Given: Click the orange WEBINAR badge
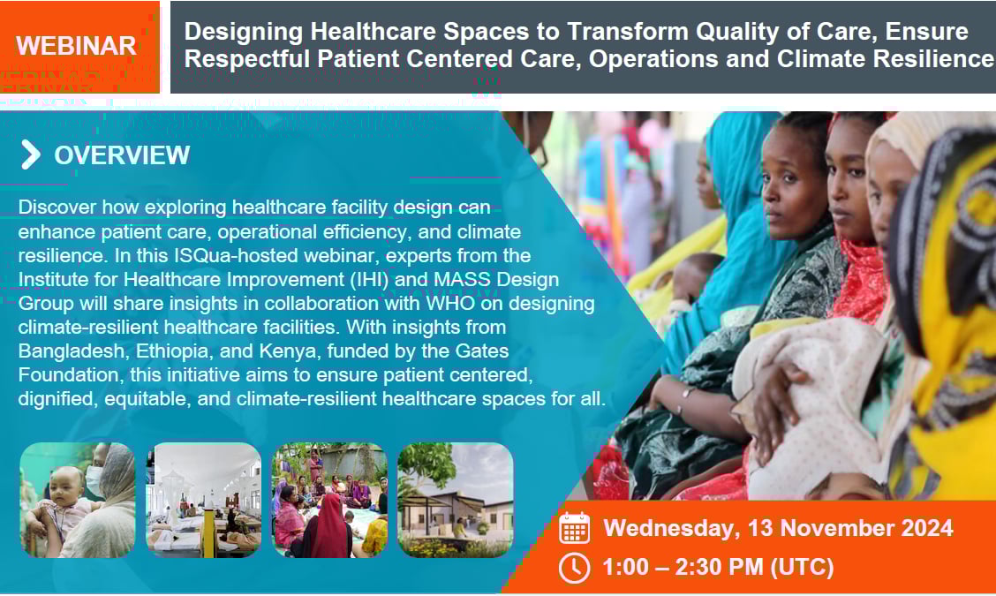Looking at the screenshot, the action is (x=79, y=47).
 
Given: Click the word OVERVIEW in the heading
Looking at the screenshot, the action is (x=122, y=155).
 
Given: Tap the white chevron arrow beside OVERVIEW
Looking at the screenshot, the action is (x=30, y=155).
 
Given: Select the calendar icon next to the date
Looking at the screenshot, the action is (x=574, y=528).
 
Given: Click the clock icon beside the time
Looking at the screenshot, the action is (x=574, y=568).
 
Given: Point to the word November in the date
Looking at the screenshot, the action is (x=833, y=528).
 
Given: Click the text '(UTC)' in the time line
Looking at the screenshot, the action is (x=802, y=567).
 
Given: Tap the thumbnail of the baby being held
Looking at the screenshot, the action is (x=78, y=500).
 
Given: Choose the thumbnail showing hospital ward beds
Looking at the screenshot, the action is (x=203, y=500).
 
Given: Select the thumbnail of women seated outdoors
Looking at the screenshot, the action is (x=329, y=500).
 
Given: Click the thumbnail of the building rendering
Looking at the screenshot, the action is (x=455, y=500).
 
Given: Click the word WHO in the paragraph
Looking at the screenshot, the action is (x=450, y=303).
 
